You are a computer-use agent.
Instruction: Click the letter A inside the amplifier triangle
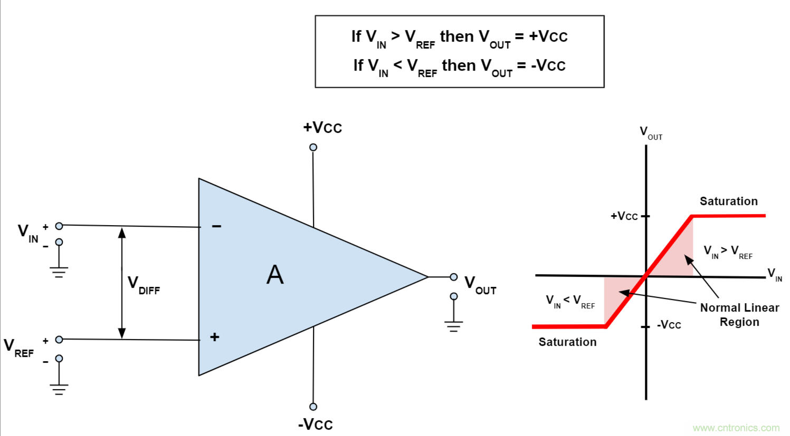point(275,275)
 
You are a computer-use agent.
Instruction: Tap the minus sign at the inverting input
point(216,226)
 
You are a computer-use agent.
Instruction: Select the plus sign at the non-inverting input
point(214,337)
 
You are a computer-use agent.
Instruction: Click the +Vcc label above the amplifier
point(322,128)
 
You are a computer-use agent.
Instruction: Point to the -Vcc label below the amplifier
point(316,424)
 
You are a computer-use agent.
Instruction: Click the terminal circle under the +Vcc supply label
point(313,147)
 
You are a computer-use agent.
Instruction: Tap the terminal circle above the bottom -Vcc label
point(313,406)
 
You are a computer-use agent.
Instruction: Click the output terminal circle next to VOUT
point(454,277)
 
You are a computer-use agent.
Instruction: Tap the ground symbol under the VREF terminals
point(59,390)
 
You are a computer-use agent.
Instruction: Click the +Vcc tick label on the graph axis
point(624,216)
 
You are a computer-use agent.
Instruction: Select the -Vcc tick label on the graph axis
point(669,325)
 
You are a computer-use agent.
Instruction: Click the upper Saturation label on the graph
point(729,201)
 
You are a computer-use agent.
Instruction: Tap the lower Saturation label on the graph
point(567,342)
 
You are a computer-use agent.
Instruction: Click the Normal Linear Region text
point(739,315)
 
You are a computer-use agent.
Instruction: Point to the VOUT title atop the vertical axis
point(651,133)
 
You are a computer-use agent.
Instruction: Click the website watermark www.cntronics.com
point(736,428)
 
